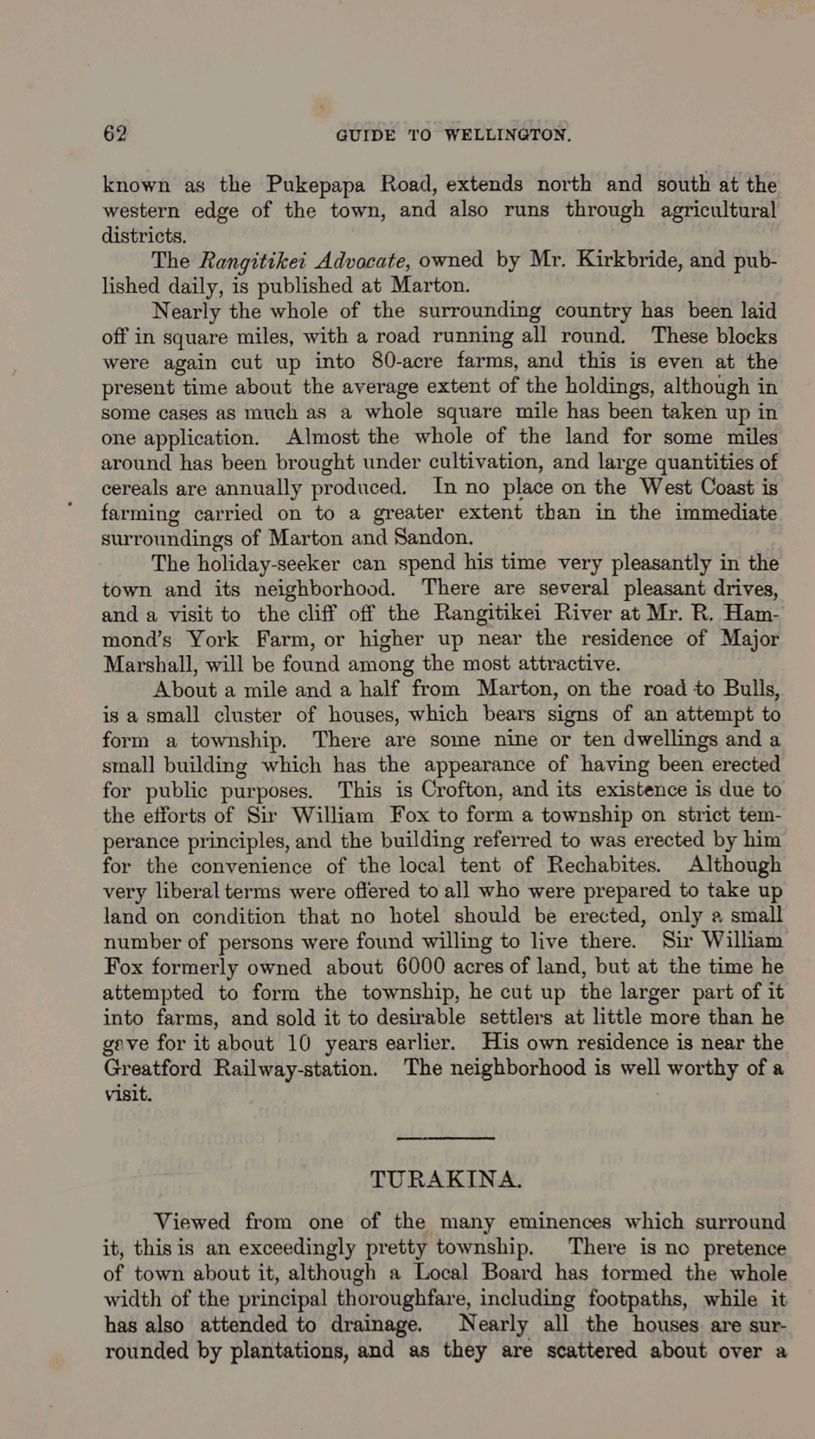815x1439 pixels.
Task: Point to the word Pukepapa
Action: coord(315,184)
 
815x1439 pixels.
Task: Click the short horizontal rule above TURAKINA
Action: coord(445,1137)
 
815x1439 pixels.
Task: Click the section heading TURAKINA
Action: coord(446,1179)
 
